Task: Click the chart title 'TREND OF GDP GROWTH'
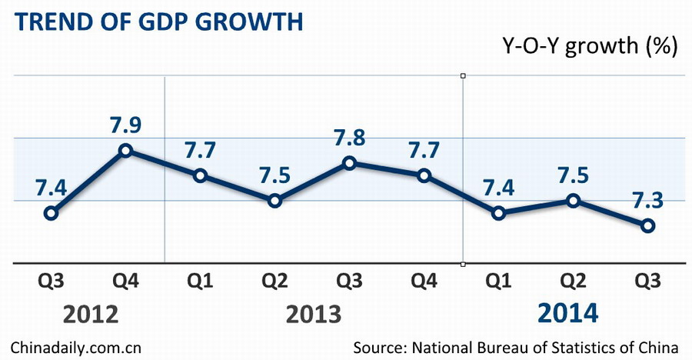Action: [158, 21]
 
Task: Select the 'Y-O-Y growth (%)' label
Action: [588, 46]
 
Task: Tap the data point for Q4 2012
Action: [125, 150]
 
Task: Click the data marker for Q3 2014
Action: [647, 225]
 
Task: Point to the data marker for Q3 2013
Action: [349, 163]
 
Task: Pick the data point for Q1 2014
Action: [498, 213]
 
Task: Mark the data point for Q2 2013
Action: [274, 201]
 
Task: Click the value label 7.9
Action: [125, 124]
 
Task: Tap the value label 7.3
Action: [647, 199]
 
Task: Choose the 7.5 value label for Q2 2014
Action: [573, 175]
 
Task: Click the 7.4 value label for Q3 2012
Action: [51, 187]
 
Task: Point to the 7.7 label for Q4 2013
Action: [424, 150]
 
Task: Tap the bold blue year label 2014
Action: [567, 313]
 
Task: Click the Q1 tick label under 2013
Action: [200, 282]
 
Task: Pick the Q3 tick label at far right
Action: [647, 282]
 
